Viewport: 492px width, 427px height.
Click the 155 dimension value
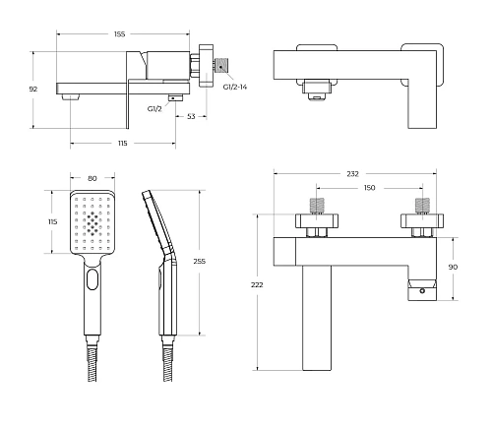pyautogui.click(x=120, y=34)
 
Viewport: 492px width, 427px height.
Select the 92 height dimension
pyautogui.click(x=33, y=89)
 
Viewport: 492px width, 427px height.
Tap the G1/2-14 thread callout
pyautogui.click(x=235, y=87)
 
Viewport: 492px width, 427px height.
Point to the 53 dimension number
pyautogui.click(x=191, y=116)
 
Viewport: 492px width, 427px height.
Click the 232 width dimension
pyautogui.click(x=352, y=174)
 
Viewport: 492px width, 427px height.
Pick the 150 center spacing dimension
pyautogui.click(x=369, y=188)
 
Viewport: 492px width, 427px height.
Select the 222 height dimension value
pyautogui.click(x=257, y=285)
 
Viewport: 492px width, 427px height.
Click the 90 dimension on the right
pyautogui.click(x=453, y=267)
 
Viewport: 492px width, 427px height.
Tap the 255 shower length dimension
pyautogui.click(x=200, y=262)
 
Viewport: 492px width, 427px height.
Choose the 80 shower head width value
pyautogui.click(x=92, y=178)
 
